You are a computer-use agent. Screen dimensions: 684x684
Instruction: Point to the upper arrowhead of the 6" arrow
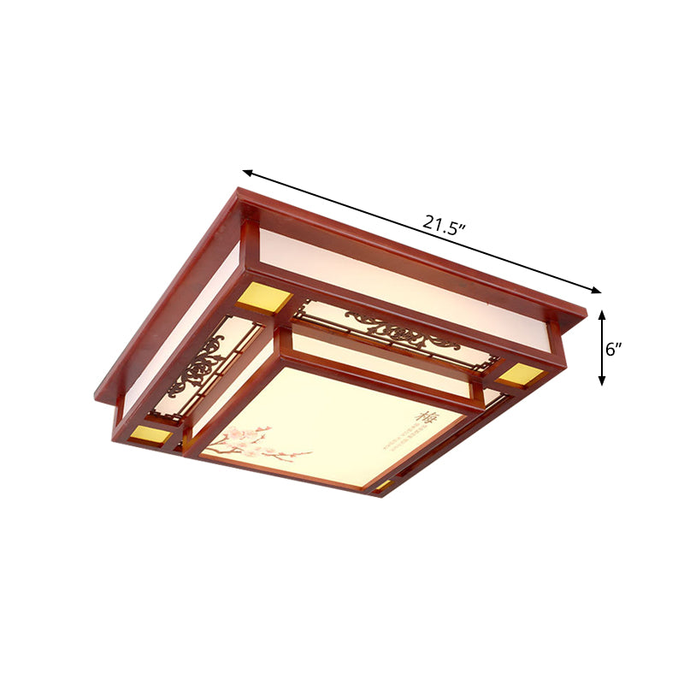pyautogui.click(x=603, y=314)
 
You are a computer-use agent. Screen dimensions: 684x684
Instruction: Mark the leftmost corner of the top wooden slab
pyautogui.click(x=96, y=392)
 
